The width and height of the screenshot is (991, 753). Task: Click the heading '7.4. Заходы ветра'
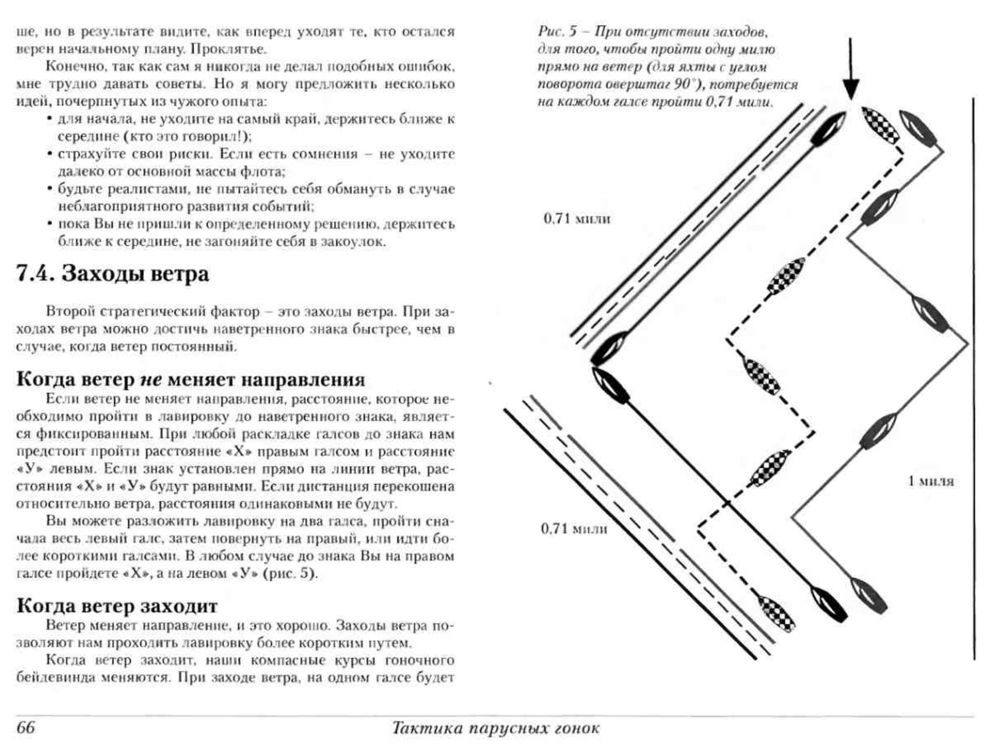pos(112,274)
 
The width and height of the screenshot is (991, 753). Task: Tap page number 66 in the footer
pos(26,728)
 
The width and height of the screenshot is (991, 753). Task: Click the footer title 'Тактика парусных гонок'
pos(496,728)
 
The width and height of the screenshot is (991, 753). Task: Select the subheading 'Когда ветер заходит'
pos(117,606)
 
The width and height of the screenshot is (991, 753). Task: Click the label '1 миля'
pos(931,481)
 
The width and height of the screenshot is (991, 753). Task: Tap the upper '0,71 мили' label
pos(577,219)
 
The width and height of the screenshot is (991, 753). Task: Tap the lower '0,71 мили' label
pos(574,529)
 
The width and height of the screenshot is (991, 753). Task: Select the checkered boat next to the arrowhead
pos(880,124)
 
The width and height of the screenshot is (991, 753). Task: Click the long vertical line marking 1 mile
pos(974,379)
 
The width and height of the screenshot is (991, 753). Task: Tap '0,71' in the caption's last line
pos(718,102)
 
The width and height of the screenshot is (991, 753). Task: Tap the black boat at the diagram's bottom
pos(830,604)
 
